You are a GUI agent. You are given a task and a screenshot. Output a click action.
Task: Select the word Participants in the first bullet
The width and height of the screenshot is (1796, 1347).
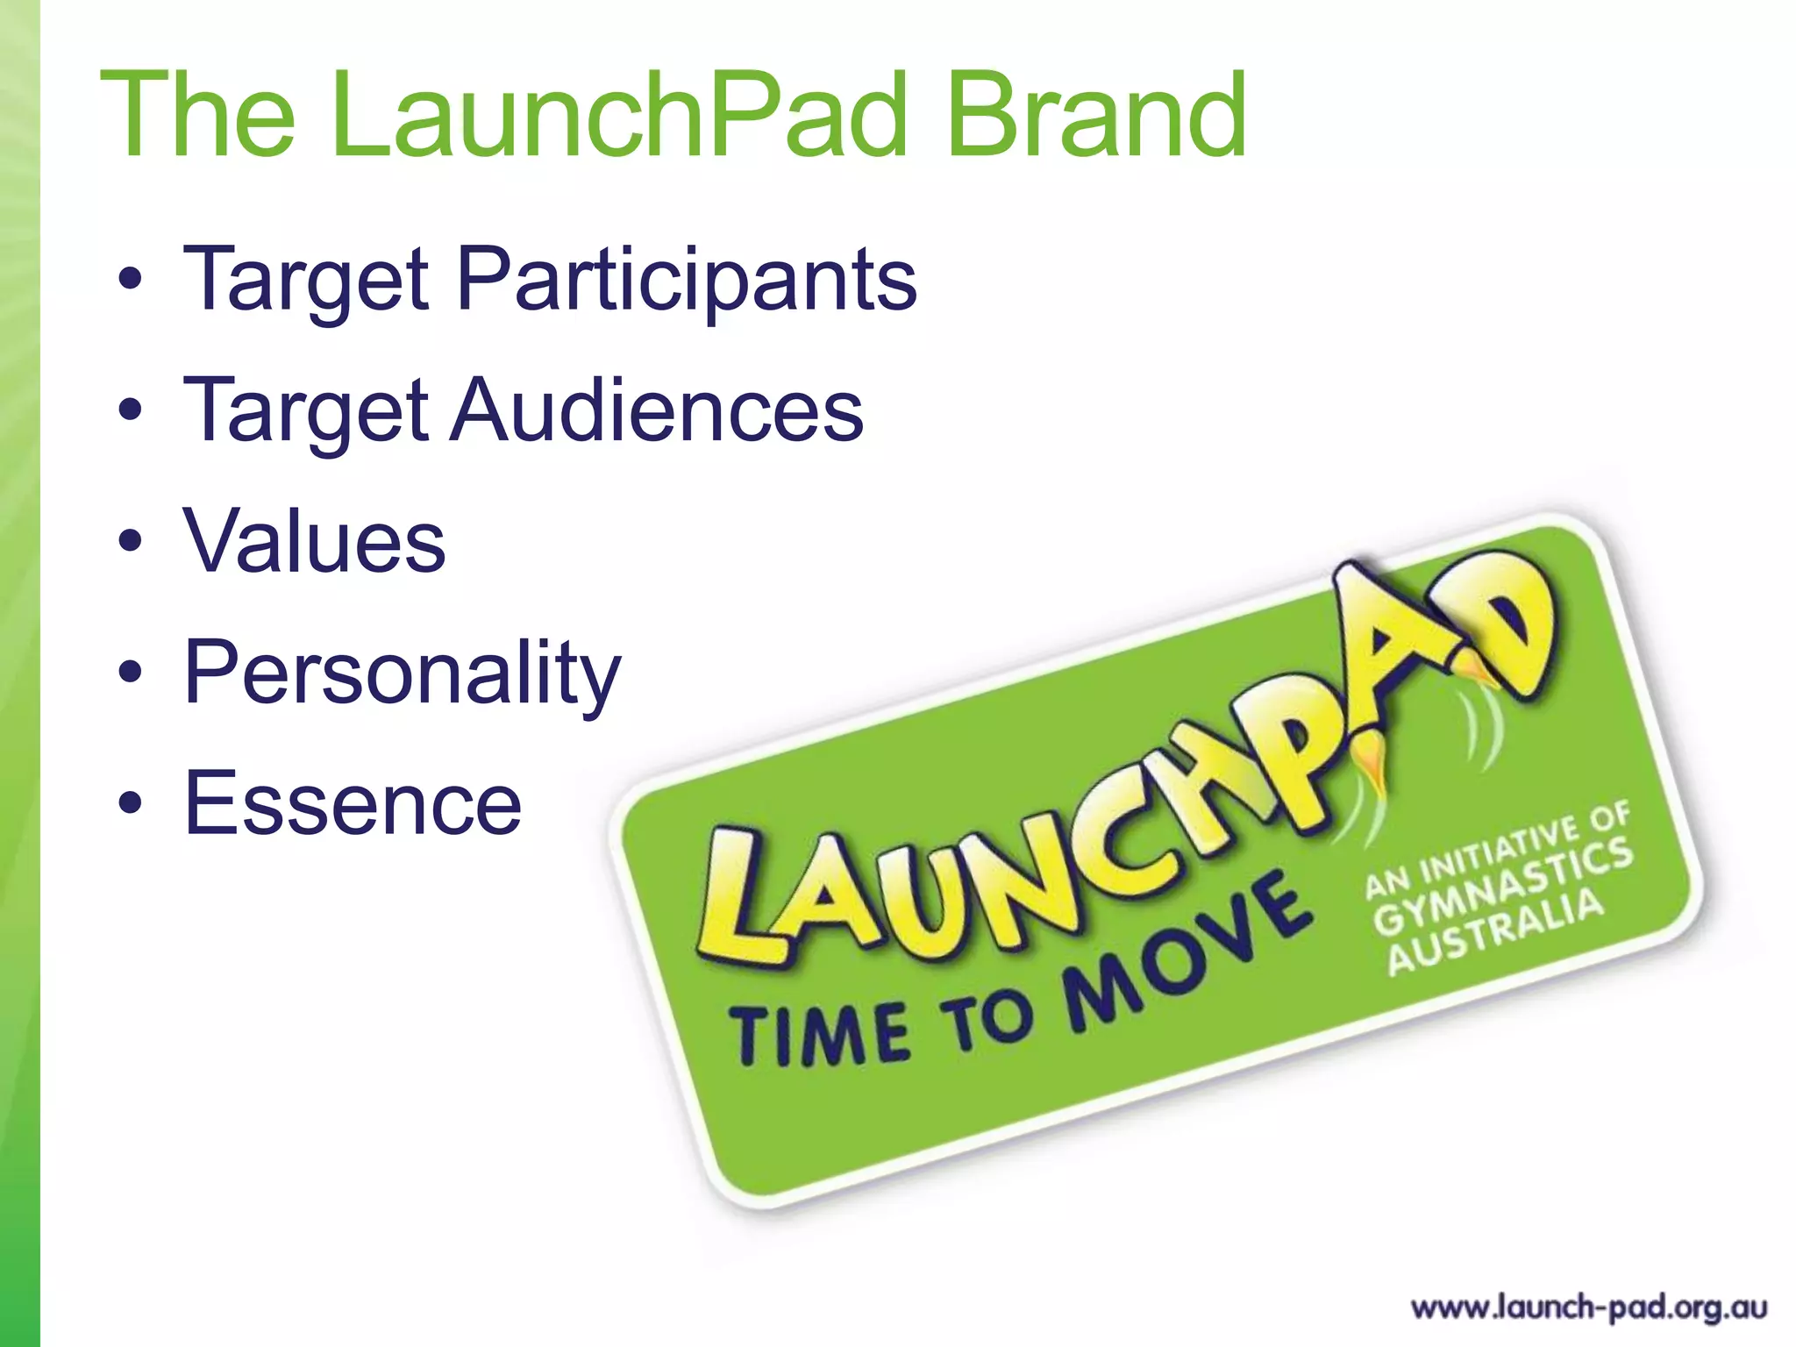coord(687,279)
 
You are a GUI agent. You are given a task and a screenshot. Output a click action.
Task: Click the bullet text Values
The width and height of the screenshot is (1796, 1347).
coord(315,542)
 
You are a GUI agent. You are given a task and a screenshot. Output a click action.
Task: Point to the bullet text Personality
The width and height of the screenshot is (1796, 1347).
coord(403,673)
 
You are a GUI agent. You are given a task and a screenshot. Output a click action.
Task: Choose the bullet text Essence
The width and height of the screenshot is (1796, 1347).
coord(353,803)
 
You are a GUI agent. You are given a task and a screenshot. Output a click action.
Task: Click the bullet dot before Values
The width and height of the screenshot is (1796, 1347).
coord(131,543)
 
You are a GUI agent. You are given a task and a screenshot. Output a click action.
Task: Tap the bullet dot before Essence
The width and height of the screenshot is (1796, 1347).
coord(131,802)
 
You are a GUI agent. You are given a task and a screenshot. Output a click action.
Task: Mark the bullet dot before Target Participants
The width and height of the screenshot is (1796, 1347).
coord(131,279)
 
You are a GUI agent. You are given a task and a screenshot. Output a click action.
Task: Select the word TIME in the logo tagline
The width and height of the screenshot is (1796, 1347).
coord(820,1035)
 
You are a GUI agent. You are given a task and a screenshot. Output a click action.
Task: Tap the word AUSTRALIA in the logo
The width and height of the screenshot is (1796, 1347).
coord(1496,932)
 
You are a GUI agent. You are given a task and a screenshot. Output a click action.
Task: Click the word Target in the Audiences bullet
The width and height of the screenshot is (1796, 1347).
coord(306,410)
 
